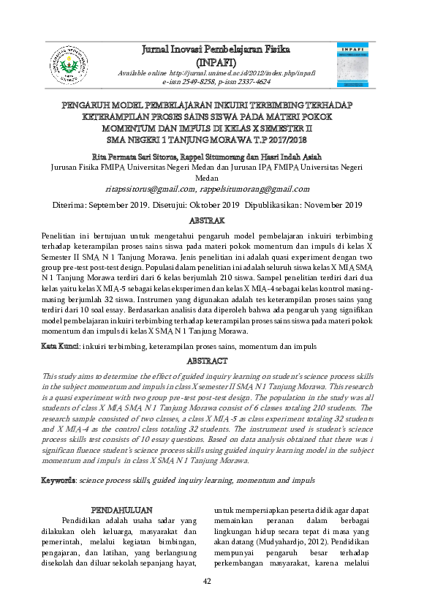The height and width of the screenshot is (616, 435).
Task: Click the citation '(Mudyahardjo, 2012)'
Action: [x=272, y=545]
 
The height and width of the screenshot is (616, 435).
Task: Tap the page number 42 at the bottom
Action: [x=207, y=581]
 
